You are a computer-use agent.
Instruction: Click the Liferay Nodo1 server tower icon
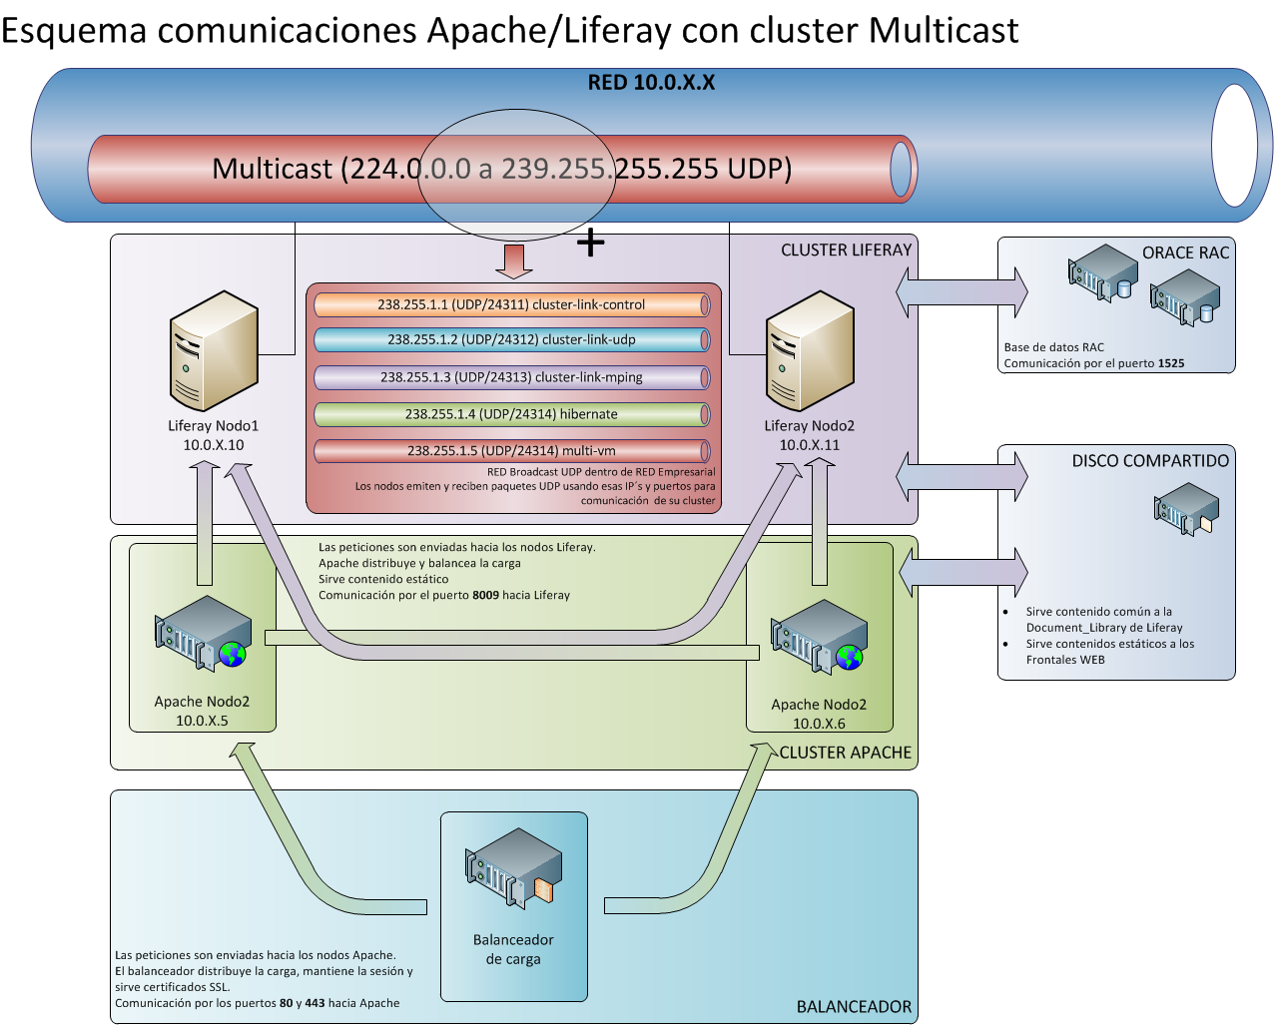214,350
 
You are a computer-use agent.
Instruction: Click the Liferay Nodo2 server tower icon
810,350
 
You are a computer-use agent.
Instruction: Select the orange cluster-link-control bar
511,304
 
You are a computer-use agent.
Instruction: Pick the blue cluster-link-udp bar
511,339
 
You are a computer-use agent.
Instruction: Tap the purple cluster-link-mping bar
511,377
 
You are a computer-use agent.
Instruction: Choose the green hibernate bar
511,414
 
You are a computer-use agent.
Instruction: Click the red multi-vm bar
511,451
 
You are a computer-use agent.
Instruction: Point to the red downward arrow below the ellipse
514,260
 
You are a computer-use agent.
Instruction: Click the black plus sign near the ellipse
591,243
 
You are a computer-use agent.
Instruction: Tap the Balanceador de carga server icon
513,867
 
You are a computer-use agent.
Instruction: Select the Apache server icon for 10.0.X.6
819,637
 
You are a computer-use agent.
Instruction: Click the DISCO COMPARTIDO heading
1150,461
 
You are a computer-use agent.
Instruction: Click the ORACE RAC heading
1185,254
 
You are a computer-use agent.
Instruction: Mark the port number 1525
1171,363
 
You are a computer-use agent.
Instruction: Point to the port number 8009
485,595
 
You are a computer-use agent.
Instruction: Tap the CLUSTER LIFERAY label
846,251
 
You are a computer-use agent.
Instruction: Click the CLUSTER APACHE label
845,753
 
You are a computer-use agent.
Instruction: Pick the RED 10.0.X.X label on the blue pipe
651,83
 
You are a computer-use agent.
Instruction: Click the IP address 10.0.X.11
809,445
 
